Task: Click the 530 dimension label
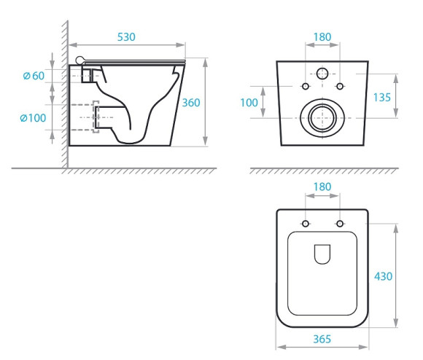click(x=126, y=37)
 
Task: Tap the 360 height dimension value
click(x=191, y=103)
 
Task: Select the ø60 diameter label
click(x=34, y=76)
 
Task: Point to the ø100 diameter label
click(x=33, y=118)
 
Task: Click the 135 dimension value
click(x=381, y=97)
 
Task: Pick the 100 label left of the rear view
click(x=249, y=103)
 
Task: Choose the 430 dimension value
click(x=383, y=276)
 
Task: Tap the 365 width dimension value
click(x=322, y=339)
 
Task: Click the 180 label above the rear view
click(x=322, y=37)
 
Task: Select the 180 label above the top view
click(x=322, y=187)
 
